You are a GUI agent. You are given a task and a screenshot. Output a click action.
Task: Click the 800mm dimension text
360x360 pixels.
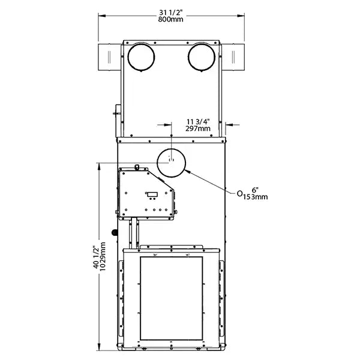(x=172, y=20)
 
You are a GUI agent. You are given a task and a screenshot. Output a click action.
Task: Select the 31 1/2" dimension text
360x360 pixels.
(x=172, y=12)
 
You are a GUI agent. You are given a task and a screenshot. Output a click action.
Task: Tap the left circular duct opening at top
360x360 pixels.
(x=141, y=57)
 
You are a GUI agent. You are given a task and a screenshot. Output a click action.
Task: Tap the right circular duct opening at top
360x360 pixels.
(x=202, y=57)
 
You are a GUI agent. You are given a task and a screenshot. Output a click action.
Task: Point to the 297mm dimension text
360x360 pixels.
(x=198, y=128)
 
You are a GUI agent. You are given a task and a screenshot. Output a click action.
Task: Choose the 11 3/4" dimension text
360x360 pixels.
(x=198, y=121)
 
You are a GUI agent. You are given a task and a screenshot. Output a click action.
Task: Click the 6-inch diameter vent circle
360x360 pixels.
(x=172, y=161)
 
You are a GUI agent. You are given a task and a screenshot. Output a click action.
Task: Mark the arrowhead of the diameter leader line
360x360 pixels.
(x=188, y=171)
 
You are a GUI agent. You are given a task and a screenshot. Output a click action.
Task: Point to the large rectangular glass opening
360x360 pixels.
(x=171, y=298)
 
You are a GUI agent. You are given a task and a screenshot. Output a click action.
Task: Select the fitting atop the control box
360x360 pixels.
(x=137, y=167)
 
